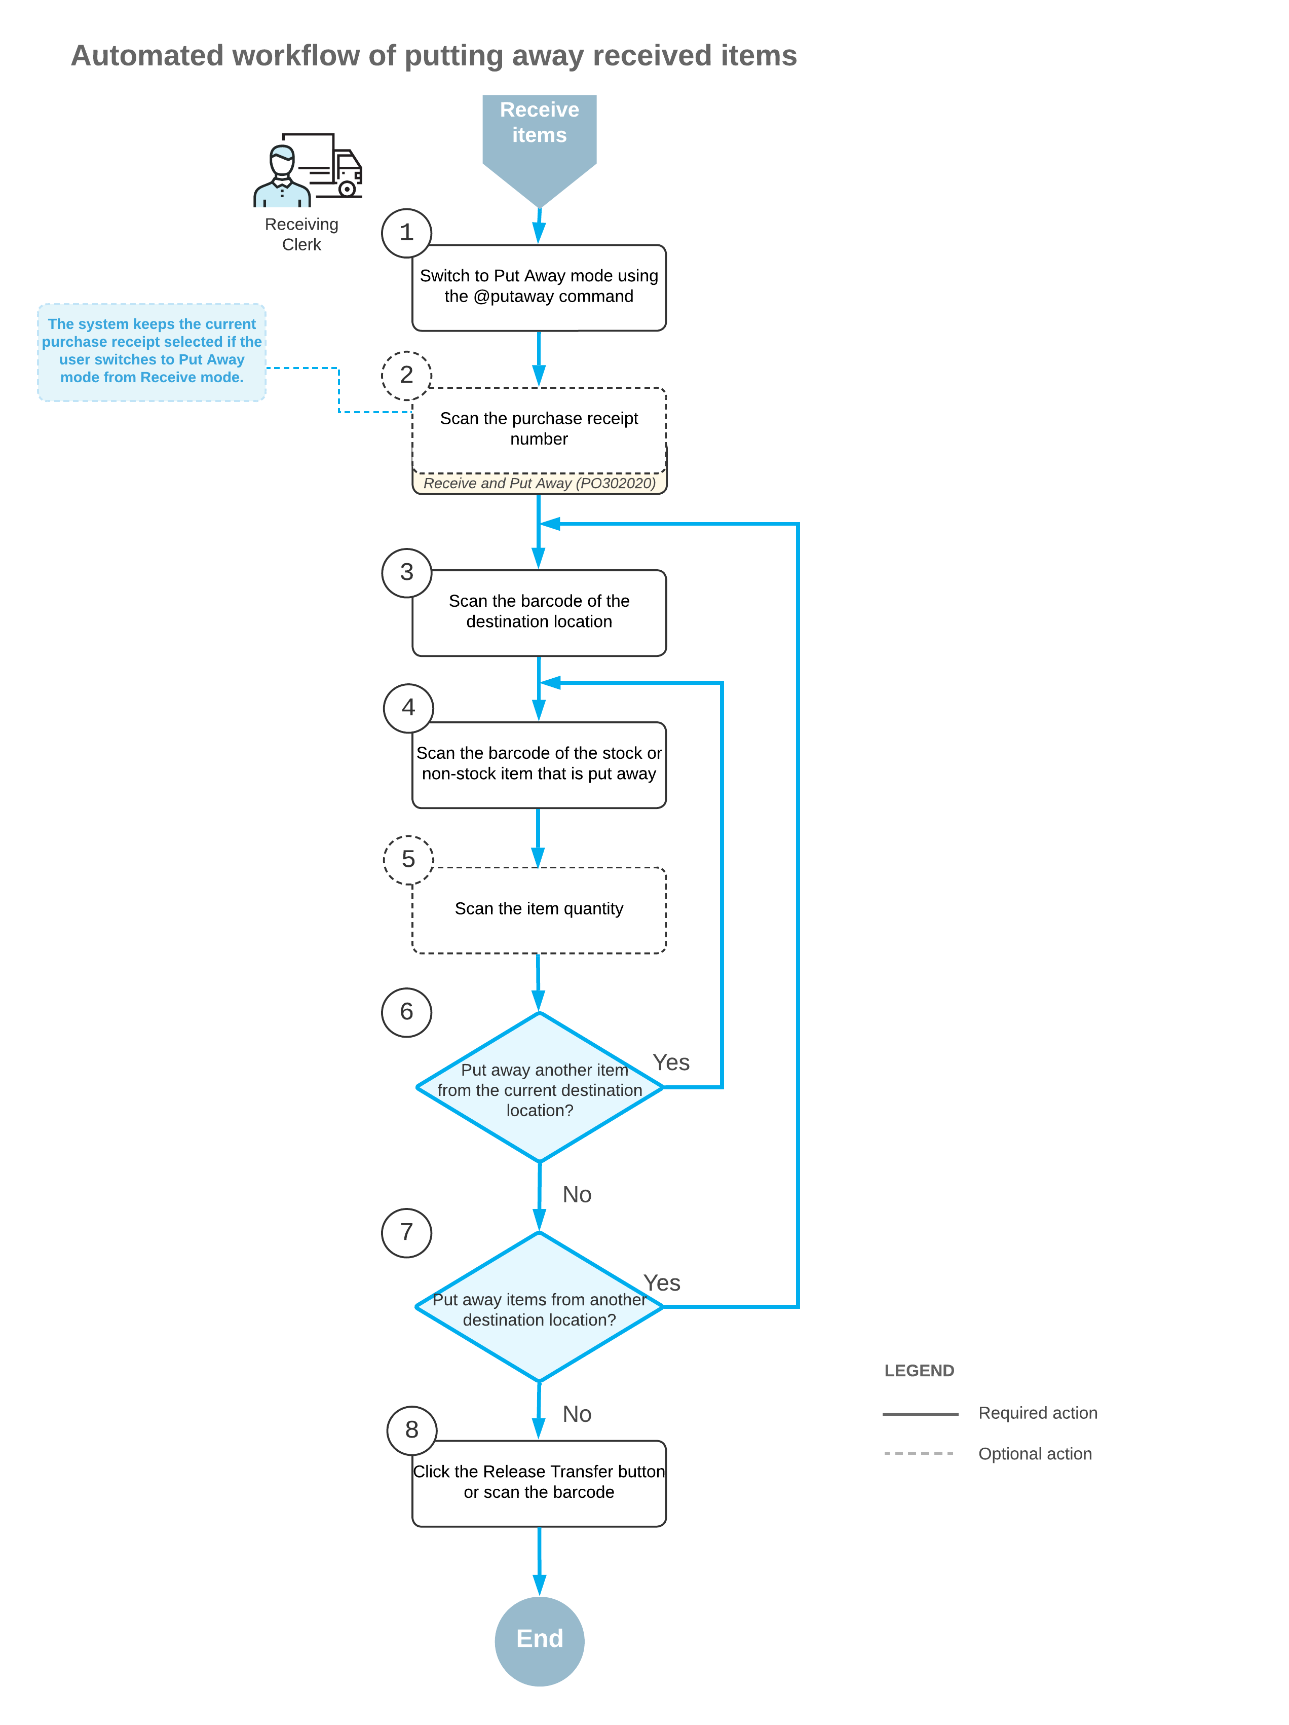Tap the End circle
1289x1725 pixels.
click(x=539, y=1641)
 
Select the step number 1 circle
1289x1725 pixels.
click(x=406, y=232)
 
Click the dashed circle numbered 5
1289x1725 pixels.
click(x=408, y=859)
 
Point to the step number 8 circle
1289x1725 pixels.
click(x=411, y=1430)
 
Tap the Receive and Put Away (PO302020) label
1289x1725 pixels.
click(x=539, y=484)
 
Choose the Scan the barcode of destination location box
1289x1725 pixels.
click(x=539, y=613)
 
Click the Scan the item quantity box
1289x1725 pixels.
click(x=539, y=910)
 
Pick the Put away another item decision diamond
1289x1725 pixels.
click(x=539, y=1087)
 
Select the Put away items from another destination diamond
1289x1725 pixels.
click(x=539, y=1307)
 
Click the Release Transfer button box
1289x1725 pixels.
click(x=539, y=1483)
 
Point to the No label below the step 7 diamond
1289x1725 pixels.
click(x=577, y=1414)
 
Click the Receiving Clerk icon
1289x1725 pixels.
click(x=308, y=170)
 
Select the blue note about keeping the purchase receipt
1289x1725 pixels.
click(x=152, y=352)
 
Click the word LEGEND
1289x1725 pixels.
click(x=919, y=1371)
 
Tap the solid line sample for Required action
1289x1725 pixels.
click(x=920, y=1413)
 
